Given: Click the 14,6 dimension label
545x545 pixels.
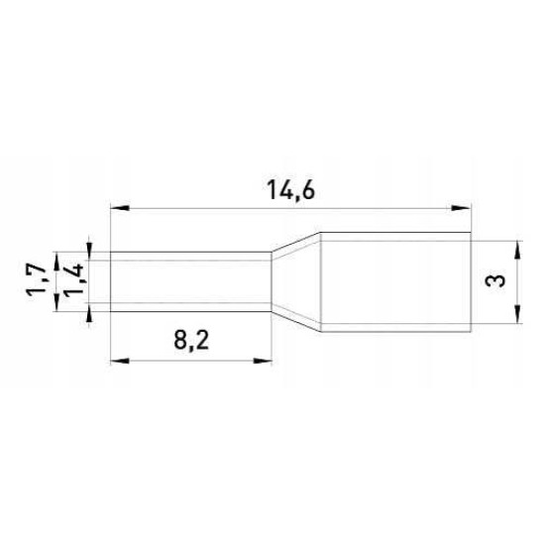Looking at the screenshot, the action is pos(290,191).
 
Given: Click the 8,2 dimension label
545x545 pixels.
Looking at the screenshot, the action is pos(191,340).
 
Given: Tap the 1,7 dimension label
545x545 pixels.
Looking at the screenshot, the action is pos(36,278).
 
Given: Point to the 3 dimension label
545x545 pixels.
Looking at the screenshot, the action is pos(495,280).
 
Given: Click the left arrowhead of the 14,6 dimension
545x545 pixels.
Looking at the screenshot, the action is pos(120,208).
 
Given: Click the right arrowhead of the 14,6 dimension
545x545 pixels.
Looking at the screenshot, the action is pos(461,208).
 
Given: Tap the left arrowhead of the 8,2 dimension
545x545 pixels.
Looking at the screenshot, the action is pos(120,361).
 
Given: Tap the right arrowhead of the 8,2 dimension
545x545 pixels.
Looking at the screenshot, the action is pos(262,361).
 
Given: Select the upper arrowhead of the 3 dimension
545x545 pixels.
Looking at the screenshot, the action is pos(518,250).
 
